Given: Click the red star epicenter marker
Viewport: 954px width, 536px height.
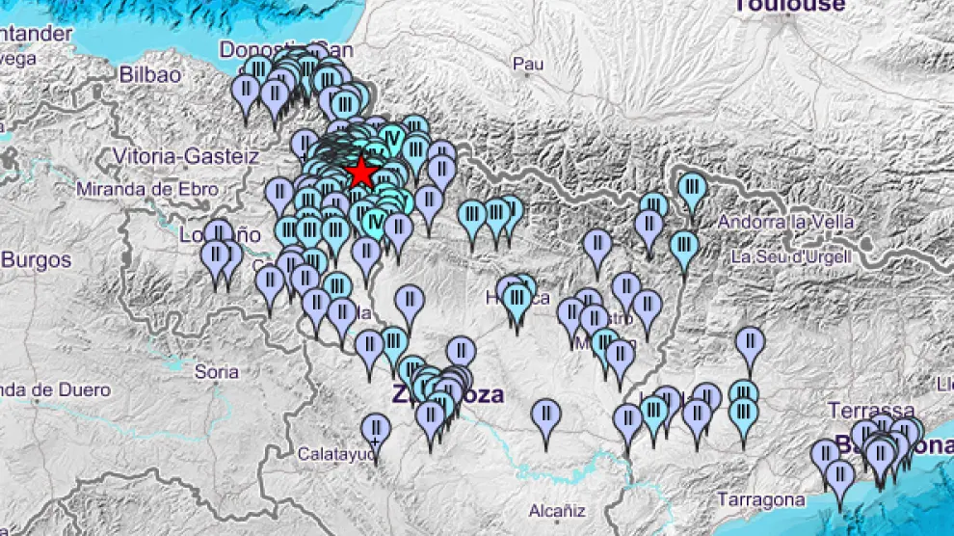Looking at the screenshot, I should [x=361, y=173].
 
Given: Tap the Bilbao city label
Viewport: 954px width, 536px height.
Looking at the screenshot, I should [x=149, y=75].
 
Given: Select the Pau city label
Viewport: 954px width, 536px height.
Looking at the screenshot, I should [x=528, y=64].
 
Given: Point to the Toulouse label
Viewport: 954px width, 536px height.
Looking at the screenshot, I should [x=789, y=6].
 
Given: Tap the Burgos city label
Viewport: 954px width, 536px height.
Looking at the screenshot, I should [x=36, y=260].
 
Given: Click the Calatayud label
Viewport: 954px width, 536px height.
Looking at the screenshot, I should [x=336, y=453].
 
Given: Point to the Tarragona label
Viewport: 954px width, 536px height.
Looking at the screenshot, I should [x=761, y=499].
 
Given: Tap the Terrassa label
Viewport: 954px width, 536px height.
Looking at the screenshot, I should [x=871, y=411].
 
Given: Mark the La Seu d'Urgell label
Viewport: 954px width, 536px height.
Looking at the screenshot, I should [x=790, y=256].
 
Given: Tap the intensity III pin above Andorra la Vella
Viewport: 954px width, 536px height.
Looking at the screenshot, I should [x=691, y=188].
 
